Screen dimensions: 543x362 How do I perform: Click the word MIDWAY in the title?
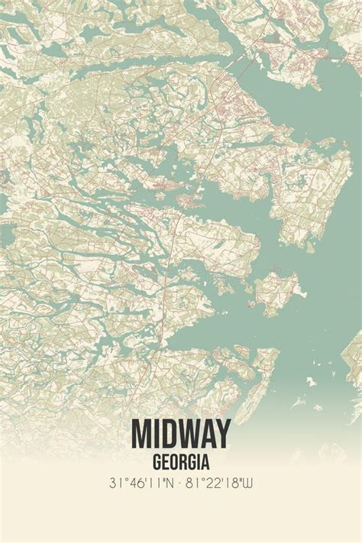(181, 434)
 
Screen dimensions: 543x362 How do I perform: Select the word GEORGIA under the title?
(181, 461)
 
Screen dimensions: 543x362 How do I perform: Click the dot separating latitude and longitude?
(182, 483)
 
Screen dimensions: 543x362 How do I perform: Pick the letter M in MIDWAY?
(143, 434)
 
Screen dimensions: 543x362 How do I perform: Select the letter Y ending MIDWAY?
(221, 434)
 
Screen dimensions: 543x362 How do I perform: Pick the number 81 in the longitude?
(197, 483)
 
